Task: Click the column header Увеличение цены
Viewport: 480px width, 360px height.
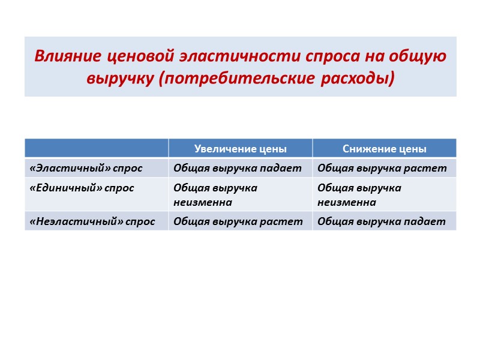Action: [240, 149]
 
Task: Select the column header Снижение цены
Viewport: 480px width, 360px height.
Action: [384, 149]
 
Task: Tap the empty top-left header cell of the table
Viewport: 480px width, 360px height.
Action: [97, 148]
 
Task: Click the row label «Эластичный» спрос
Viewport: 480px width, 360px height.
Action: [86, 168]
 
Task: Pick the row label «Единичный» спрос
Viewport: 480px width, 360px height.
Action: [82, 188]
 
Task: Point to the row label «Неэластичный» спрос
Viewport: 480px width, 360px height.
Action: [92, 221]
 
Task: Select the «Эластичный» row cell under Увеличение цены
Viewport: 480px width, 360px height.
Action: [238, 168]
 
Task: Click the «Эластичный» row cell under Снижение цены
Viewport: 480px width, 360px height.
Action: [382, 168]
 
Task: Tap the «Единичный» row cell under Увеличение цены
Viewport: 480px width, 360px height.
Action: [215, 194]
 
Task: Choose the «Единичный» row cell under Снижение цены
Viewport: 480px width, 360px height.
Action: [359, 194]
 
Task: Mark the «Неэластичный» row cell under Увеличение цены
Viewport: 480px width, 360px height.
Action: [238, 221]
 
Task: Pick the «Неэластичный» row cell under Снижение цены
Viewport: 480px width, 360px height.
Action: [382, 221]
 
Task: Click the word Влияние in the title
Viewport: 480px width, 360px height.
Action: [69, 57]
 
